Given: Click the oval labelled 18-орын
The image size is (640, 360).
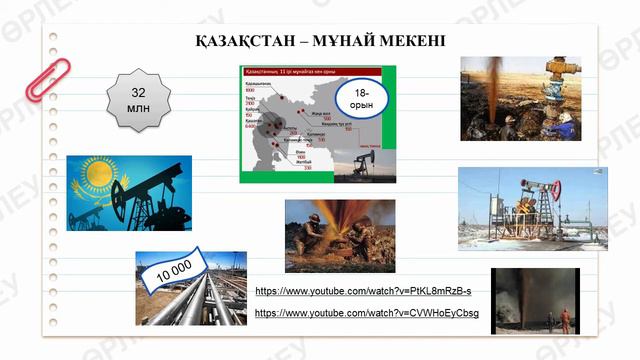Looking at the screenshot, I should tap(360, 100).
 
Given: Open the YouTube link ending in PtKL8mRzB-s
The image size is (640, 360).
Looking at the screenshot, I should tap(363, 291).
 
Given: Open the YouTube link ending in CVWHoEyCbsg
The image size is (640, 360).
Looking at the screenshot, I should tap(367, 313).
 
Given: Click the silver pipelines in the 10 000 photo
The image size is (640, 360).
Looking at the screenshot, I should tap(200, 300).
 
